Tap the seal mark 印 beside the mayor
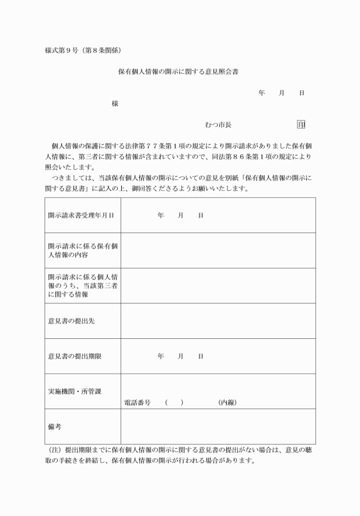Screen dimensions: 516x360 pyautogui.click(x=301, y=125)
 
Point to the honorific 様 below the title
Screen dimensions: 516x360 pyautogui.click(x=115, y=104)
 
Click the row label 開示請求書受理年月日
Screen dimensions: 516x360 pyautogui.click(x=81, y=215)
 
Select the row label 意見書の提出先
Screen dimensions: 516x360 pyautogui.click(x=71, y=321)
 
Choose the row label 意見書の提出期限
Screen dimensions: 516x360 pyautogui.click(x=75, y=356)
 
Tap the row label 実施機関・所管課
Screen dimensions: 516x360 pyautogui.click(x=74, y=391)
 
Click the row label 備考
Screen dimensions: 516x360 pyautogui.click(x=55, y=426)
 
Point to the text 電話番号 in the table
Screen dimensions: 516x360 pyautogui.click(x=137, y=402)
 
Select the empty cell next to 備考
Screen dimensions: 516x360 pyautogui.click(x=218, y=426)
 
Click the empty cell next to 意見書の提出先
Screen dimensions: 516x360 pyautogui.click(x=218, y=321)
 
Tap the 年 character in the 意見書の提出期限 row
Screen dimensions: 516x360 pyautogui.click(x=161, y=356)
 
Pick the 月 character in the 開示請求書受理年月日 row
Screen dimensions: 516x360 pyautogui.click(x=181, y=215)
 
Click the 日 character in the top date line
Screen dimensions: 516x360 pyautogui.click(x=302, y=93)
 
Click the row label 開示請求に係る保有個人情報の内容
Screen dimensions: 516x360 pyautogui.click(x=82, y=250)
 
